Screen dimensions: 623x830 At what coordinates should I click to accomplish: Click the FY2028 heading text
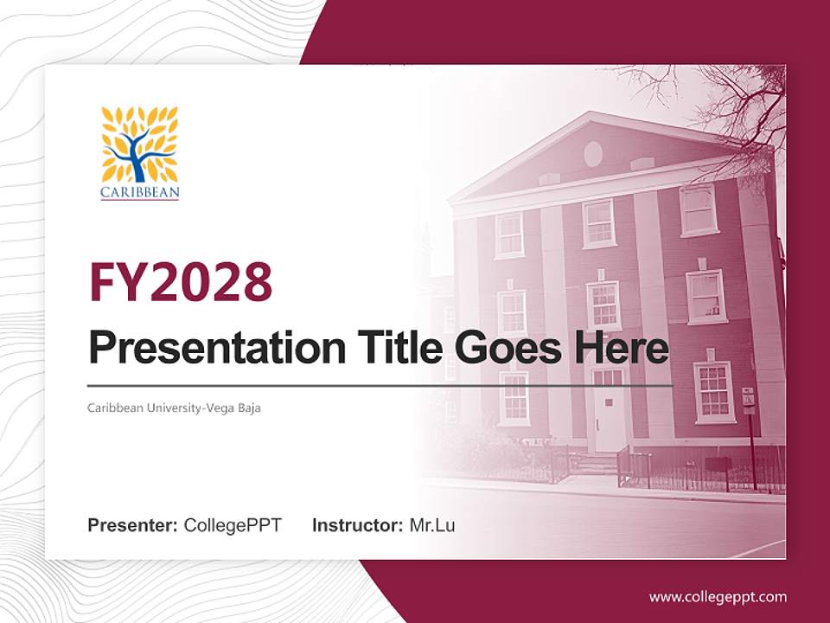(181, 282)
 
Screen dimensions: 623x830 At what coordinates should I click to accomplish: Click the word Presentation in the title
(205, 349)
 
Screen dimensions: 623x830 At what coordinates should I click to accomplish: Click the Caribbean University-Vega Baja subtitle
(174, 408)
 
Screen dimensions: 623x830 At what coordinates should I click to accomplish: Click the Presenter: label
(133, 525)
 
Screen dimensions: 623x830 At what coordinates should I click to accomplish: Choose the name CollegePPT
(233, 525)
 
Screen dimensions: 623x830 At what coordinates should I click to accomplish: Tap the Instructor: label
(357, 525)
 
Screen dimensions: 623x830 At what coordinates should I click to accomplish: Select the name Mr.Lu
(432, 525)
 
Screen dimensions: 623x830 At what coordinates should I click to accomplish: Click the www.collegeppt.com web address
(718, 597)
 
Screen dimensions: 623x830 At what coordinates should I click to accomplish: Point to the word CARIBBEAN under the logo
(139, 192)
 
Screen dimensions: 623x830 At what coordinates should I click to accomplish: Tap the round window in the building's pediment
(593, 153)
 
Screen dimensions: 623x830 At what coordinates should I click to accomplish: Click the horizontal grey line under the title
(380, 385)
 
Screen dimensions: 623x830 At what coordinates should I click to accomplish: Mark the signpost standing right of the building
(750, 424)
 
